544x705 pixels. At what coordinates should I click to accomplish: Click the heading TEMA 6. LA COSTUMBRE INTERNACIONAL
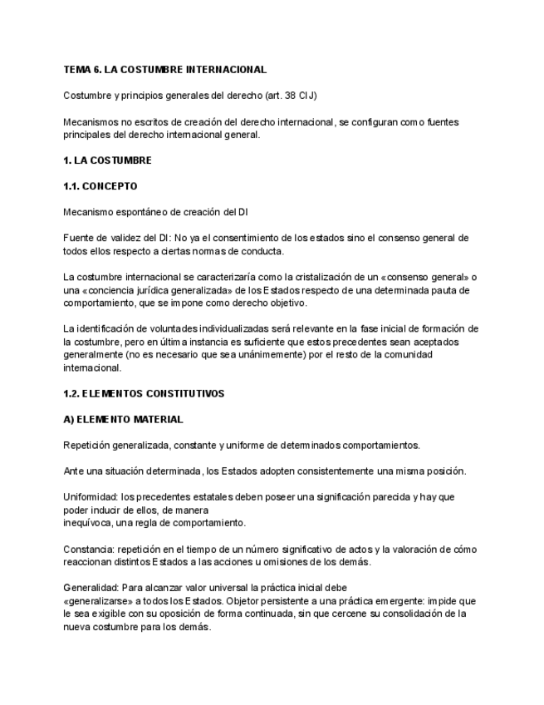[164, 70]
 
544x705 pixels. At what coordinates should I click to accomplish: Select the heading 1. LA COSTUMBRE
[107, 160]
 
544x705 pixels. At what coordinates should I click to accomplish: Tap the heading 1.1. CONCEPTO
[100, 186]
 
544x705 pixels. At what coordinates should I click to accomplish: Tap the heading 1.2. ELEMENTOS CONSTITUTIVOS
[144, 393]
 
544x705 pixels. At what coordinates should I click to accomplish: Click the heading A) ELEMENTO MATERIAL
[123, 419]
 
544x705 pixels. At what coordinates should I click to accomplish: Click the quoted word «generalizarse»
[97, 601]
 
